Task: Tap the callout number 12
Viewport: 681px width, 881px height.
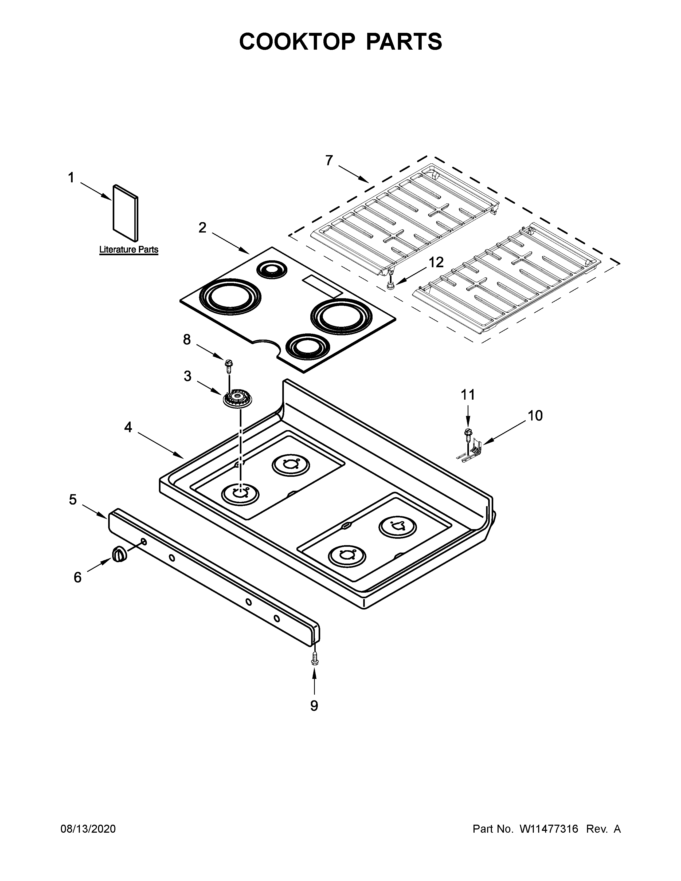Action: tap(436, 263)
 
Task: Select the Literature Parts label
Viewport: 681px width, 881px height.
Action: tap(129, 250)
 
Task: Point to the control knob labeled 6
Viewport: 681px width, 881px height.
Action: tap(119, 554)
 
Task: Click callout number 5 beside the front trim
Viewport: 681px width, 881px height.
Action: tap(73, 500)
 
